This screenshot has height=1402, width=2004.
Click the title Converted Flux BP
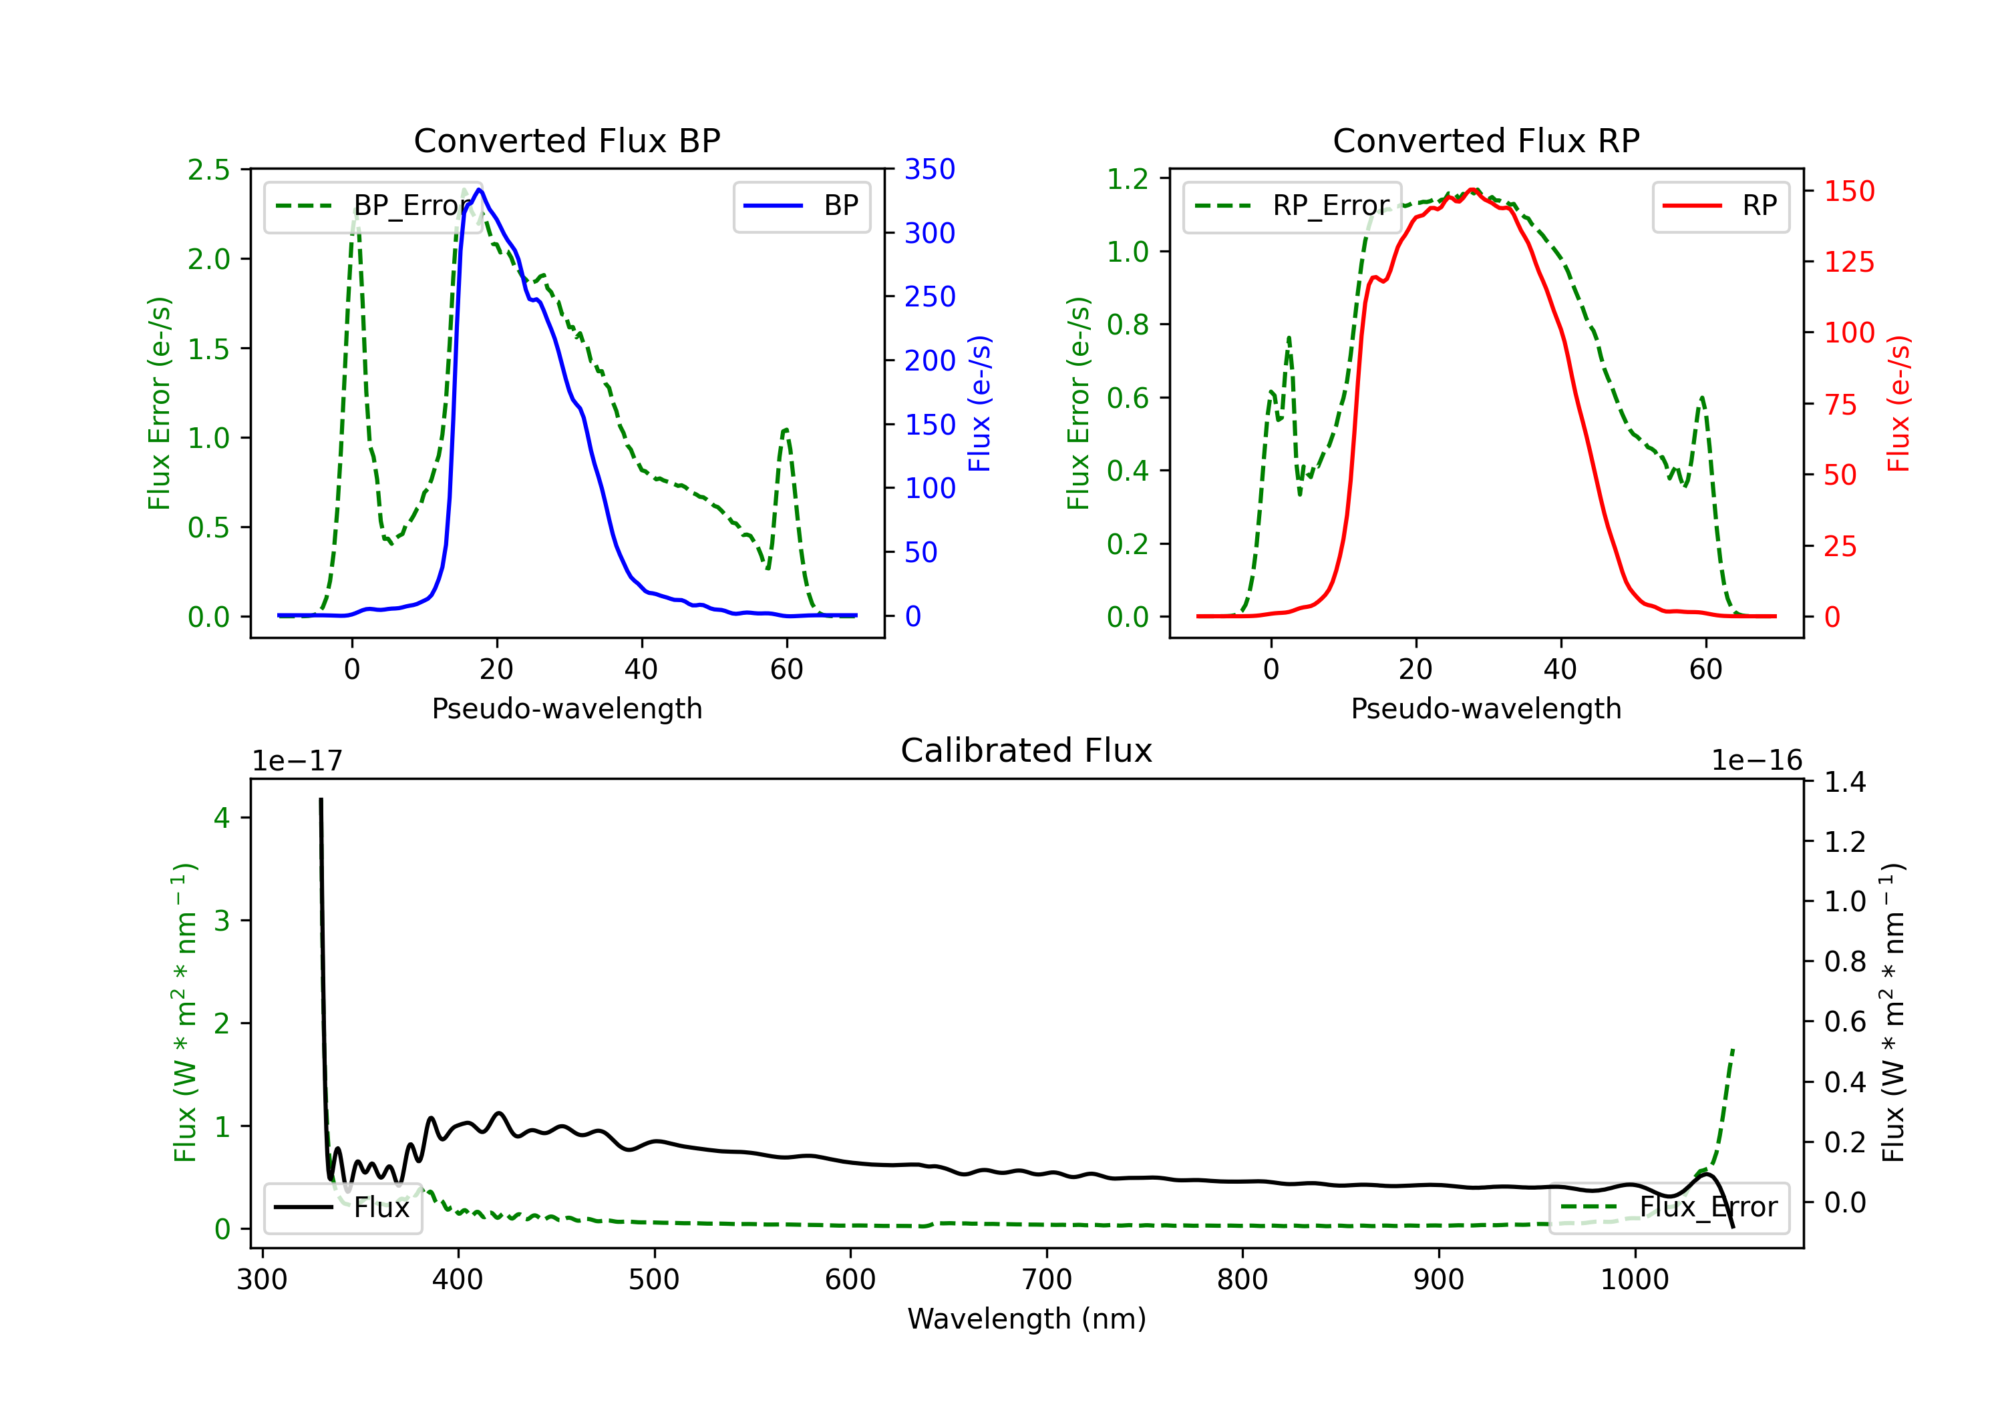pyautogui.click(x=566, y=140)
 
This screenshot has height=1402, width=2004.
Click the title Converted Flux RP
pyautogui.click(x=1486, y=140)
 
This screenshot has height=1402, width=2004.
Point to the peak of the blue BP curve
pyautogui.click(x=479, y=190)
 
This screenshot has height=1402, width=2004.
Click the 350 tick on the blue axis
pyautogui.click(x=930, y=170)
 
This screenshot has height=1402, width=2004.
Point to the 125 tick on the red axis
pyautogui.click(x=1848, y=262)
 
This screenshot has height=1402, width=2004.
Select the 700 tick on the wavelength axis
pyautogui.click(x=1047, y=1280)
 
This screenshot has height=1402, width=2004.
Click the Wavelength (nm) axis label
pyautogui.click(x=1027, y=1319)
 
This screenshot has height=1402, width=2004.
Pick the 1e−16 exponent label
pyautogui.click(x=1756, y=761)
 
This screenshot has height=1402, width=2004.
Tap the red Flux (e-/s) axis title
pyautogui.click(x=1899, y=403)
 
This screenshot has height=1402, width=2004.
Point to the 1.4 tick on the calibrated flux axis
pyautogui.click(x=1844, y=782)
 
